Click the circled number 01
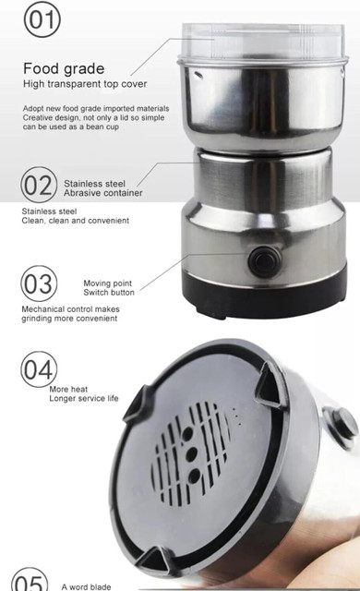point(42,18)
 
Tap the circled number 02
point(39,185)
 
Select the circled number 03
point(39,283)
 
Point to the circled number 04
point(39,369)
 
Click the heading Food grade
point(64,68)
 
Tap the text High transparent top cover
point(85,84)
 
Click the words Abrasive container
point(102,193)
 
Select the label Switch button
point(109,293)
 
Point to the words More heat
point(68,390)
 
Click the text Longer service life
point(84,398)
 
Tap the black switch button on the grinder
point(264,261)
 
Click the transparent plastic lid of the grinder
point(263,42)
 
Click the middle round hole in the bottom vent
point(191,455)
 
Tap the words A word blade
point(86,587)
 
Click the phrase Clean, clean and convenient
point(76,221)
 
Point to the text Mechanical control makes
point(70,309)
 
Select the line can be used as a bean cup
point(71,127)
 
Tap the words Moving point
point(108,283)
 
